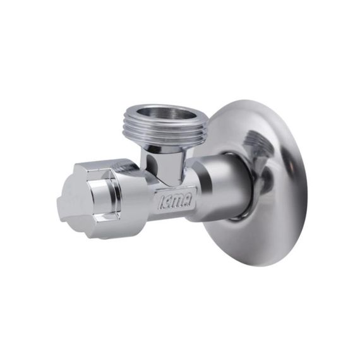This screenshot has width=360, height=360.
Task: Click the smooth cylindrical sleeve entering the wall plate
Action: click(x=227, y=186)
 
